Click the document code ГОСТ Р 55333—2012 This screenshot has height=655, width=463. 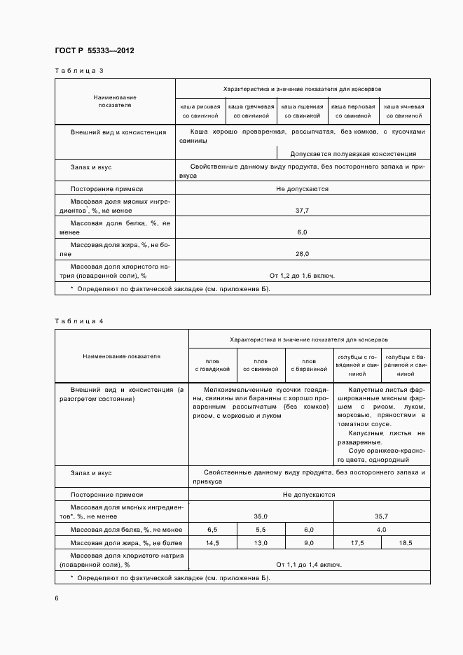94,51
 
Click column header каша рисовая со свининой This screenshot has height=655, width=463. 201,111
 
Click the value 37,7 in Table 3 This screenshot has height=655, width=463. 302,209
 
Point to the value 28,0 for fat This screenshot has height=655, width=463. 302,253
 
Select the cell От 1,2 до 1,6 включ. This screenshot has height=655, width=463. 302,275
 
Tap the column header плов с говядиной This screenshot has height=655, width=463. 212,364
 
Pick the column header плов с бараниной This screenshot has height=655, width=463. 310,364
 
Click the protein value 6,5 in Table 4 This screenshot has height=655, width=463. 212,530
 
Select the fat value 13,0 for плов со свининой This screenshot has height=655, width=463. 261,543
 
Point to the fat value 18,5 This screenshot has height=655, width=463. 406,543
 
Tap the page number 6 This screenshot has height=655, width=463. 56,598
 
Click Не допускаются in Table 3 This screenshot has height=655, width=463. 302,188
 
